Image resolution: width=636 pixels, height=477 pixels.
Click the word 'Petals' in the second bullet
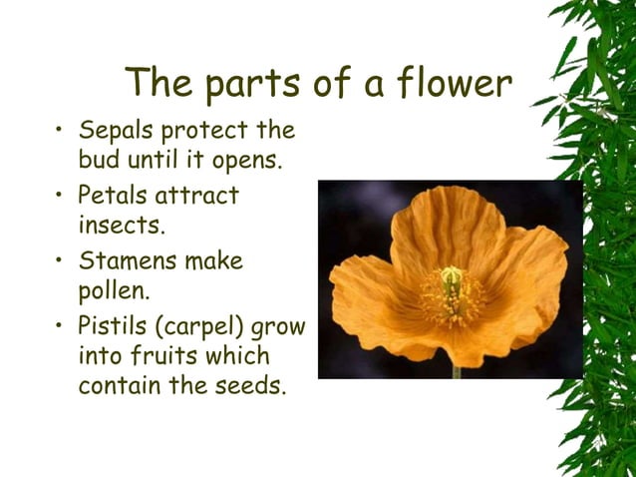(113, 196)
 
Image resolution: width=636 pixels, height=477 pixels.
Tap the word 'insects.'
(122, 226)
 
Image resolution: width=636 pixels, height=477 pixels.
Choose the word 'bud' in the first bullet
(97, 160)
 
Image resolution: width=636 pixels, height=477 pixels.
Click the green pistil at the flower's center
(452, 278)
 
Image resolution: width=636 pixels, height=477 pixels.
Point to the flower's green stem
(457, 370)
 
